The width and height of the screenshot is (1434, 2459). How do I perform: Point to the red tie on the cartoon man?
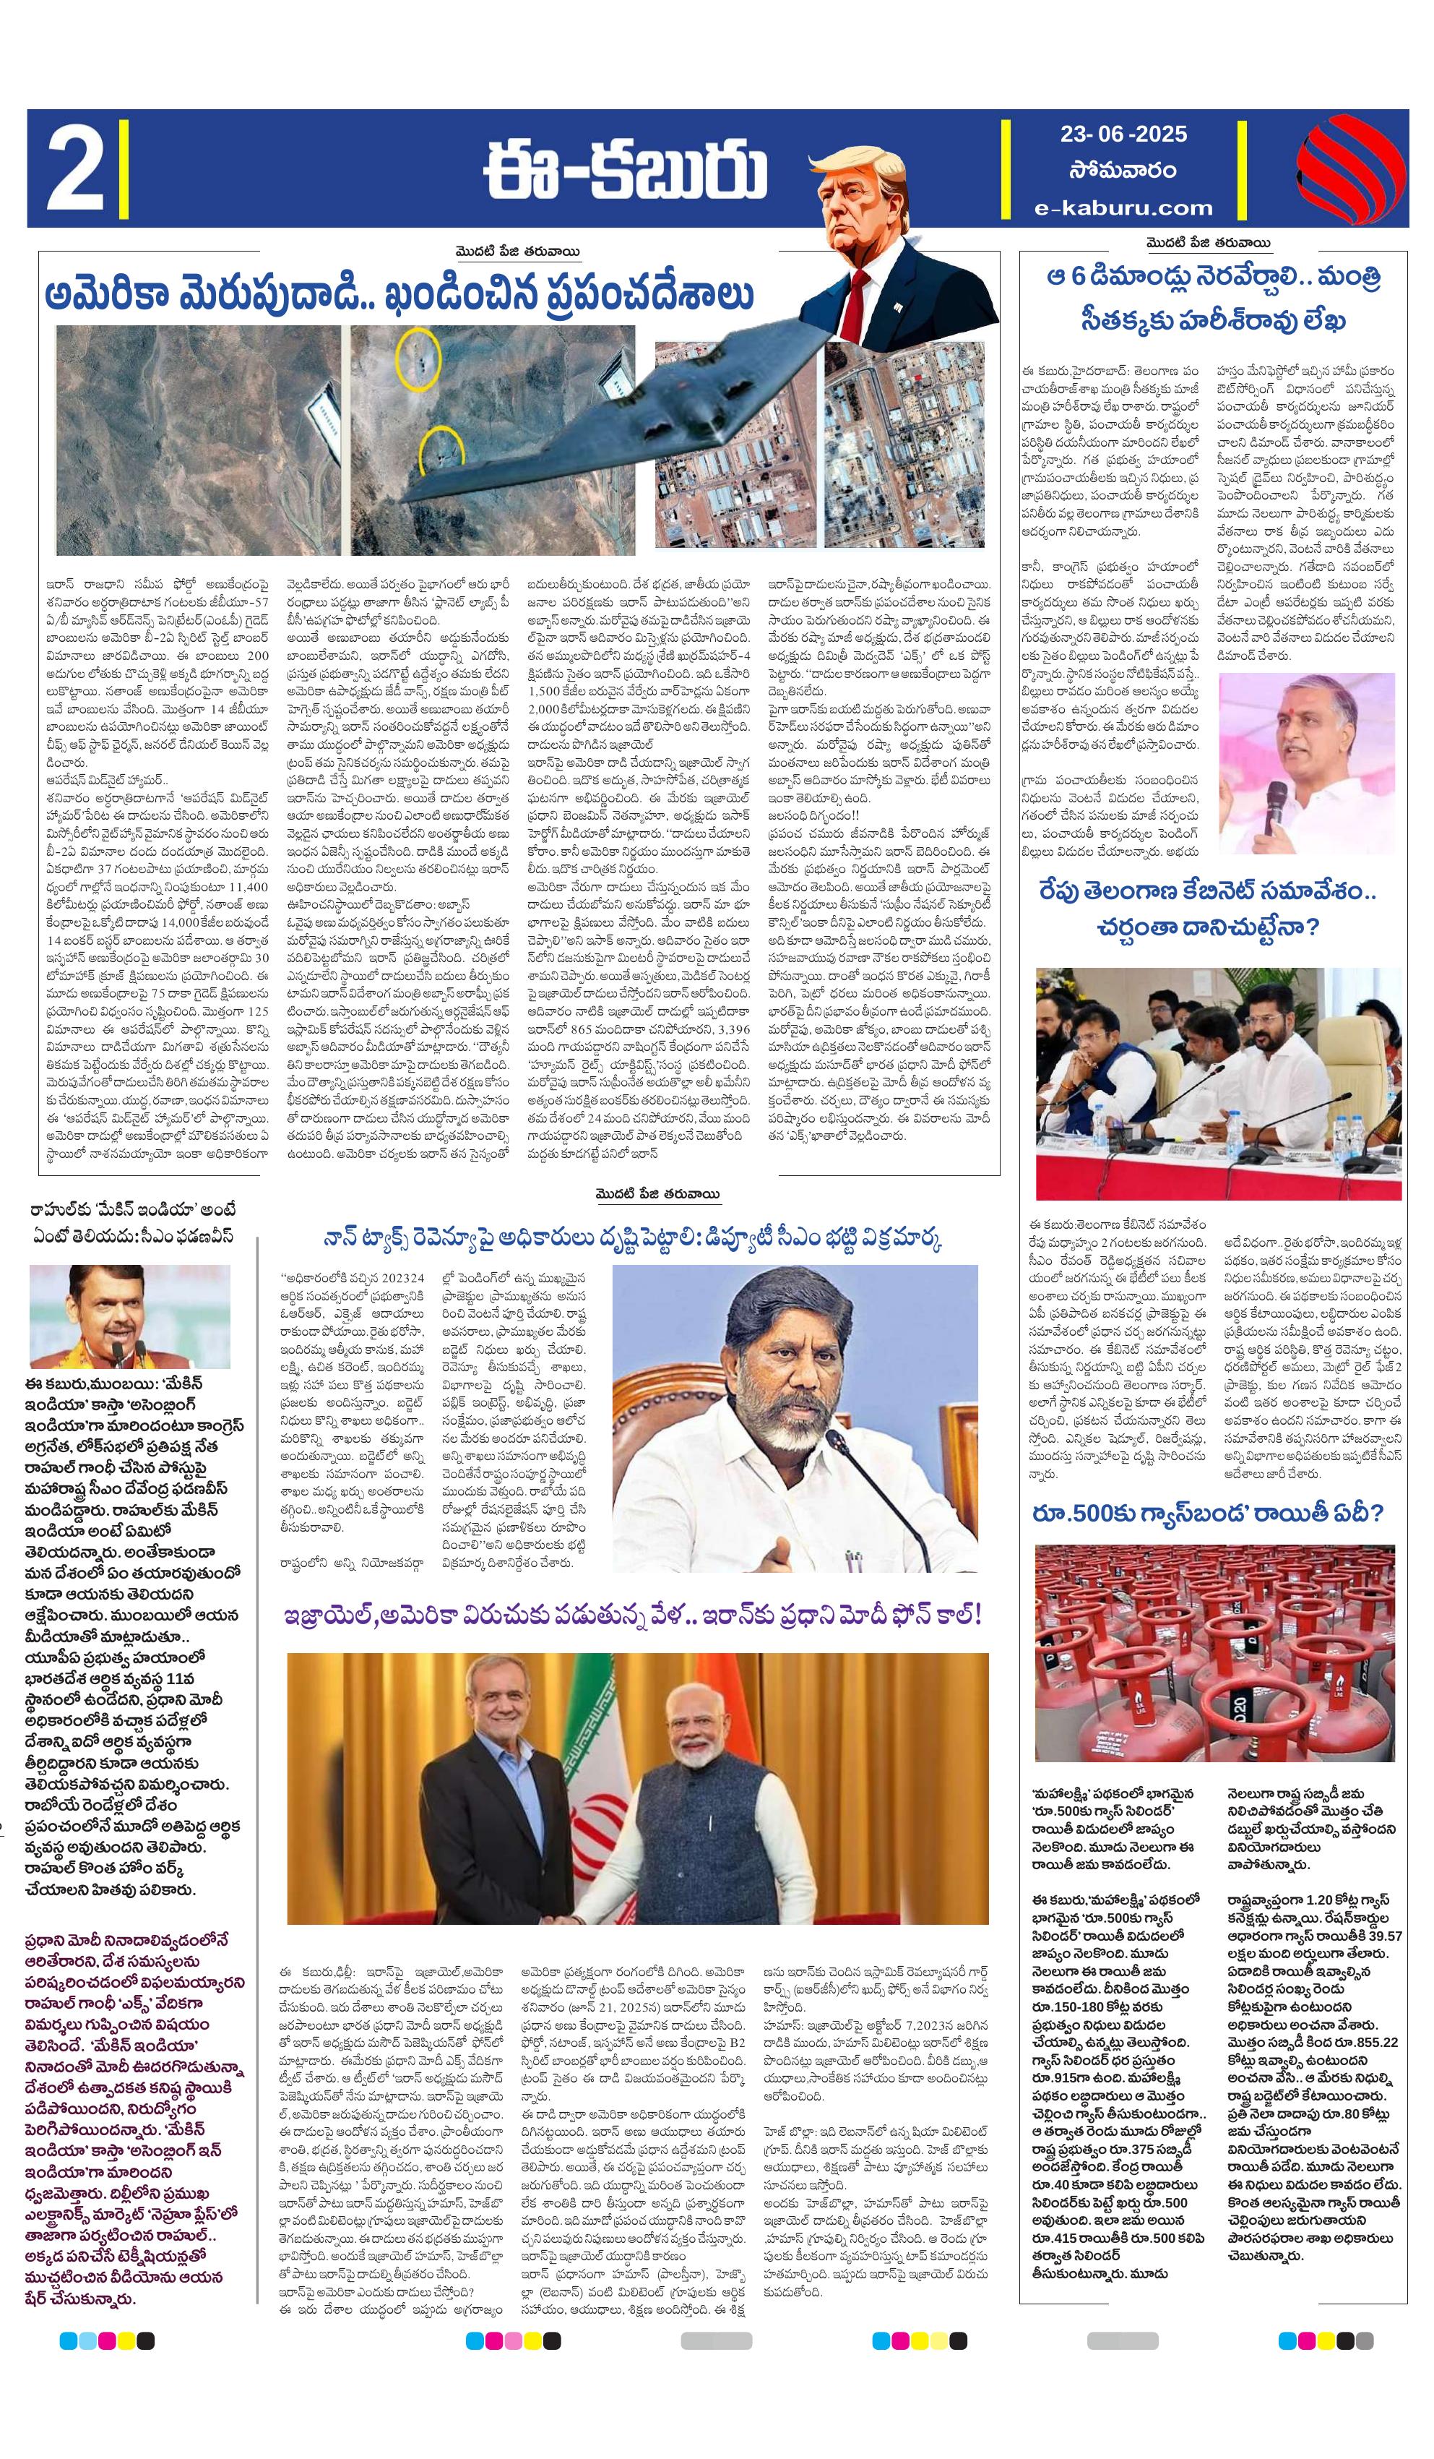(858, 293)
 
